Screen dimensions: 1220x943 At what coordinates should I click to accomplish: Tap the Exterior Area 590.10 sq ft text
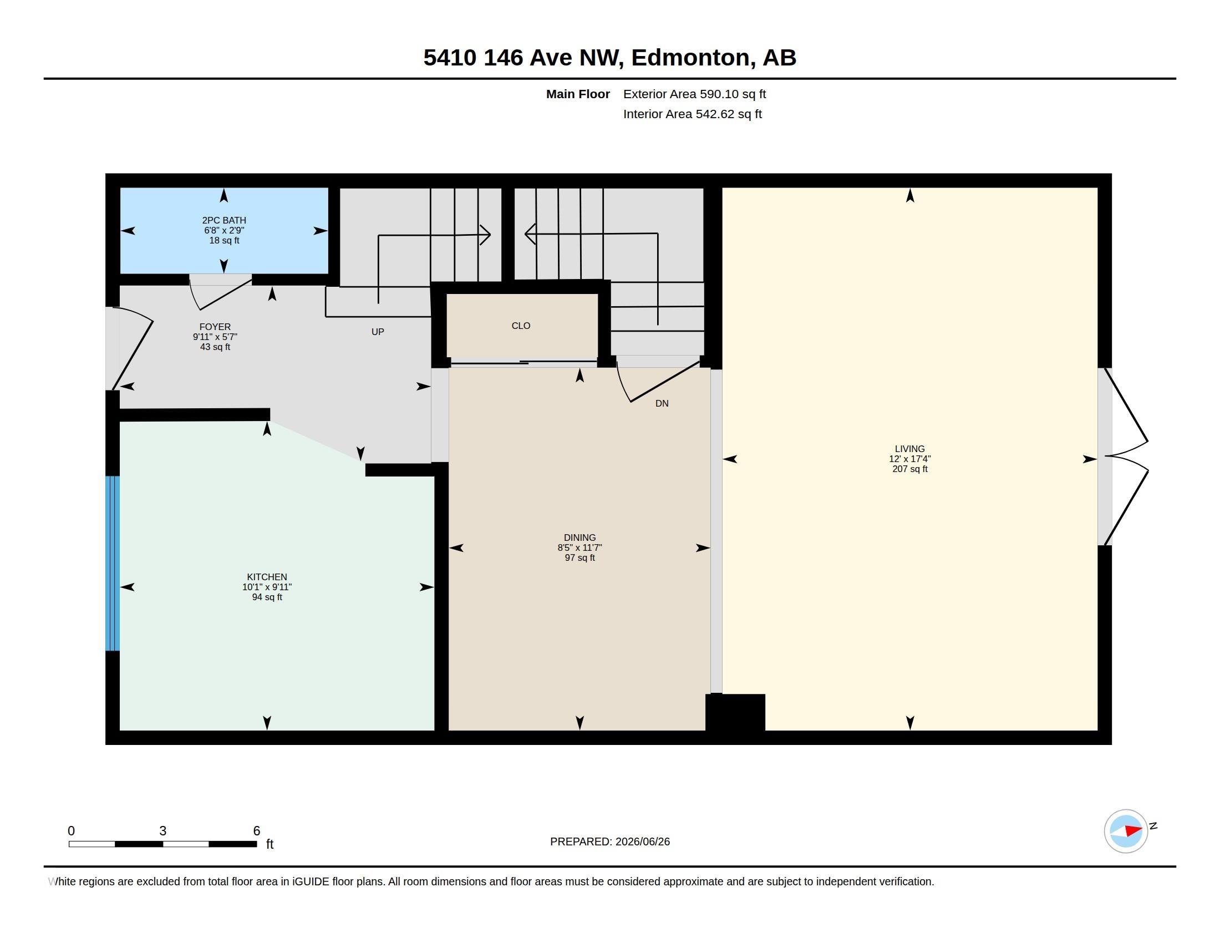694,94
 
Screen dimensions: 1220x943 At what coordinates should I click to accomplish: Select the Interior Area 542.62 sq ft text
692,114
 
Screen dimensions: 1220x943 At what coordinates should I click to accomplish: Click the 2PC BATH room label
224,220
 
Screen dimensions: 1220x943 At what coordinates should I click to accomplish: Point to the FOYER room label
215,327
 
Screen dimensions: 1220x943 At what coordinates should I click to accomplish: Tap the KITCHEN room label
267,577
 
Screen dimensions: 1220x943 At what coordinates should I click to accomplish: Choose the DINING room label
580,538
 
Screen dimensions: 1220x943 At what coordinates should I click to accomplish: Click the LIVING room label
910,449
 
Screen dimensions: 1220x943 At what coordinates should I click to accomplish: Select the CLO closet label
521,326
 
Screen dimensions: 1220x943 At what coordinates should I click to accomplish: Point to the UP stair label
378,332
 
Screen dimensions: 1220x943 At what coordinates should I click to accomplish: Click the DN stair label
662,403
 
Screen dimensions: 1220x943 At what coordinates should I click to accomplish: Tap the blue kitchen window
113,563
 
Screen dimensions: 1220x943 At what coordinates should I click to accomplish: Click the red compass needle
1133,831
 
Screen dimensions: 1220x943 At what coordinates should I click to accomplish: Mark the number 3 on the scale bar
162,831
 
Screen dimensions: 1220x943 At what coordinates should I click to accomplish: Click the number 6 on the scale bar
256,831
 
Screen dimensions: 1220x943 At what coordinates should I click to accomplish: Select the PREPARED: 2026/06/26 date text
610,841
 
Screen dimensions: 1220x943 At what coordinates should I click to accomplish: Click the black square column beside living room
735,712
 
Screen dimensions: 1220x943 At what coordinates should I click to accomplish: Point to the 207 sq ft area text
910,469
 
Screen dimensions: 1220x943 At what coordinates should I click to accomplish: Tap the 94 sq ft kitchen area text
267,597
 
